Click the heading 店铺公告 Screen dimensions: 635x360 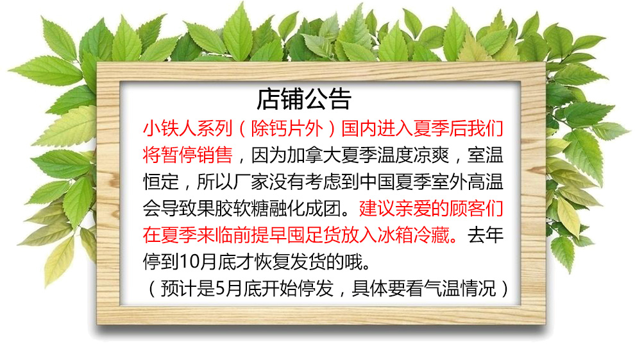click(304, 99)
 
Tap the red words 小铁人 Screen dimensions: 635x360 click(170, 128)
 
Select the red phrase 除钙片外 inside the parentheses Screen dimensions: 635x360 click(287, 128)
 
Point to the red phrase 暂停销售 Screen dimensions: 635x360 click(197, 155)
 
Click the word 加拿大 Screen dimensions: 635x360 click(314, 155)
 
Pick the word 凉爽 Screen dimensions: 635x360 click(431, 155)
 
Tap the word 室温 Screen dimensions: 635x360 click(485, 155)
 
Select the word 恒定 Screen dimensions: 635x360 click(161, 182)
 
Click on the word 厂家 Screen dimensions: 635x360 click(251, 182)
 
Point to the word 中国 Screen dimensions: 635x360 click(377, 182)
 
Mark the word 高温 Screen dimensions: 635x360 click(485, 182)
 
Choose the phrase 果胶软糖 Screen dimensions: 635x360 click(251, 209)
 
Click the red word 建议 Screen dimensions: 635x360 click(377, 209)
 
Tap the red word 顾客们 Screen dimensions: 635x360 click(476, 209)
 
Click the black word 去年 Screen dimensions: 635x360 click(485, 236)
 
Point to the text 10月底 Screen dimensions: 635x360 click(208, 262)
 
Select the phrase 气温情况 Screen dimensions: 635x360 click(460, 289)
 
